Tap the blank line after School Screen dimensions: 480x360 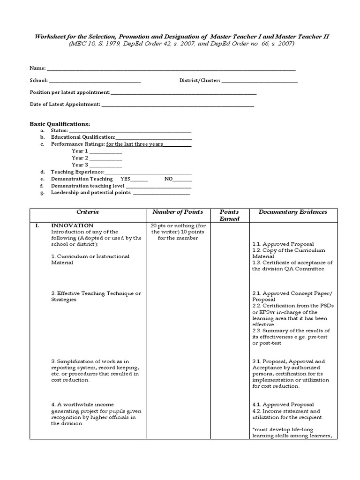click(95, 81)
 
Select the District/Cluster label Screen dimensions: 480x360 click(199, 81)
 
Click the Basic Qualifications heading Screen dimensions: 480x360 click(60, 124)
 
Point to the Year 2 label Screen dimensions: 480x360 click(80, 158)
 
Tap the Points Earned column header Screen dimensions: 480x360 click(229, 215)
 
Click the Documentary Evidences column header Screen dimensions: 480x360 click(292, 212)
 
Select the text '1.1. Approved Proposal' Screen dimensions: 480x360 click(283, 244)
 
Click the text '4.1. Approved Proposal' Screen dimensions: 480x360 click(283, 405)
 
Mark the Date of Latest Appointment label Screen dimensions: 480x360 click(65, 104)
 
